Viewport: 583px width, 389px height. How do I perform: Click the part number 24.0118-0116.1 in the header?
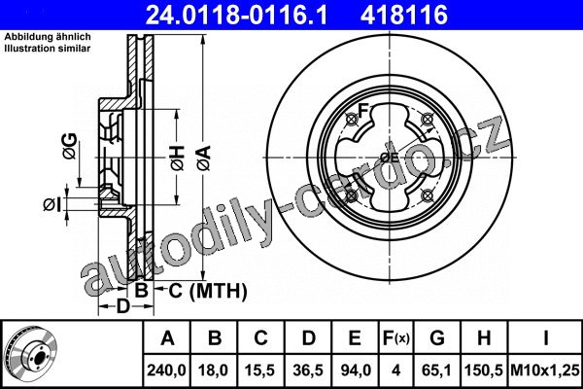[236, 15]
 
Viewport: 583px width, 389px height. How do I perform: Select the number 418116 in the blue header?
[404, 15]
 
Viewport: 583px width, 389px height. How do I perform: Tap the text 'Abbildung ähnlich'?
[48, 37]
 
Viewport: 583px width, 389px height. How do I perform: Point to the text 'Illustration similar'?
[48, 49]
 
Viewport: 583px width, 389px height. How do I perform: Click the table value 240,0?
[166, 371]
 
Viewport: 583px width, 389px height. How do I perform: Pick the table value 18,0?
[214, 371]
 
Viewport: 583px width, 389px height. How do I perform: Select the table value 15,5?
[260, 371]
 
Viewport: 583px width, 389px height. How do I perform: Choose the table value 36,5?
[308, 371]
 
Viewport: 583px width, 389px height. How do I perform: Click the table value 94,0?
[355, 371]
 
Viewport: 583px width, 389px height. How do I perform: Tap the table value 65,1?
[437, 371]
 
